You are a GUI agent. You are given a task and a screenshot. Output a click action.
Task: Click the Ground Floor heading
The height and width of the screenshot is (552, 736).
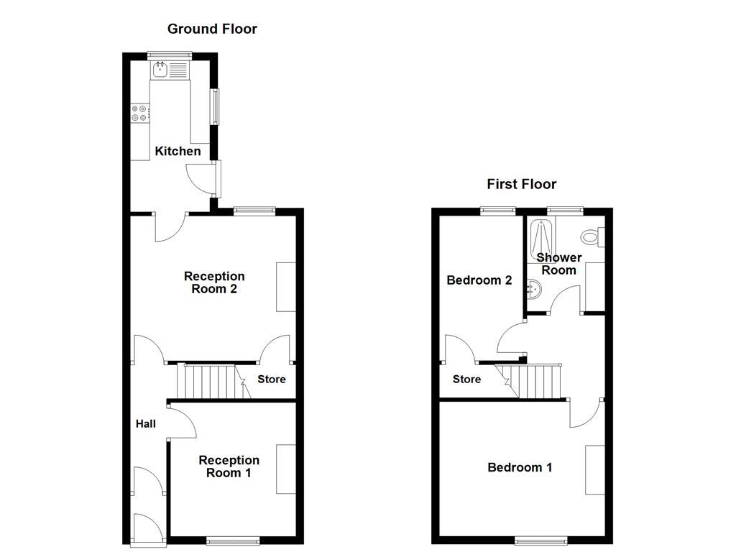[212, 29]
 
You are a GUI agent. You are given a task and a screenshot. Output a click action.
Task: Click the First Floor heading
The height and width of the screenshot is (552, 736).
[521, 184]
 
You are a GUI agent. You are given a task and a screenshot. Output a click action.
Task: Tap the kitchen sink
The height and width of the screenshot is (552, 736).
[160, 70]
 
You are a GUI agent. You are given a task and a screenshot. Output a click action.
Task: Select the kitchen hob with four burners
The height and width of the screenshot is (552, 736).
[140, 113]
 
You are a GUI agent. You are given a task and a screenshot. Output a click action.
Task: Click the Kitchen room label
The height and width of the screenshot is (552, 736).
[178, 151]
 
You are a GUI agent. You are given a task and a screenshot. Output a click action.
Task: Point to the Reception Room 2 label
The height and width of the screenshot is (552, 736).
[214, 282]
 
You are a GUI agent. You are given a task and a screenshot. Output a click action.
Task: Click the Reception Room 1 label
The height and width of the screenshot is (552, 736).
[229, 466]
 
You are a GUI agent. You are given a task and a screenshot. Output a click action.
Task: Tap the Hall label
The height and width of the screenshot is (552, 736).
[146, 424]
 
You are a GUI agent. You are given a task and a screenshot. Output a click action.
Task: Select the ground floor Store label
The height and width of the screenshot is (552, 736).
[272, 379]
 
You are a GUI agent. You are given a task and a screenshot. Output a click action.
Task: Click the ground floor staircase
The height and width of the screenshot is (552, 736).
[208, 381]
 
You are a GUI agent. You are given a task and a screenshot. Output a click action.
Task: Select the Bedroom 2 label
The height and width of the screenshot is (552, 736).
[479, 280]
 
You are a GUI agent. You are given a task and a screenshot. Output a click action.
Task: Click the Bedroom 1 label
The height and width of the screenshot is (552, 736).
[520, 467]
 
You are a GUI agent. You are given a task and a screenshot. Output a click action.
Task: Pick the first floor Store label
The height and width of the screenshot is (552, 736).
[466, 379]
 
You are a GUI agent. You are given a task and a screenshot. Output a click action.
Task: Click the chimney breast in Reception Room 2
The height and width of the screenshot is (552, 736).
[286, 287]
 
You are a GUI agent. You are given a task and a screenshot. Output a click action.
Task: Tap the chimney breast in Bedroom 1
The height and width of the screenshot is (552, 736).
[594, 469]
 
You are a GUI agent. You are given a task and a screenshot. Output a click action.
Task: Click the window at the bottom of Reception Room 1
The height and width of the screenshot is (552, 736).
[232, 540]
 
